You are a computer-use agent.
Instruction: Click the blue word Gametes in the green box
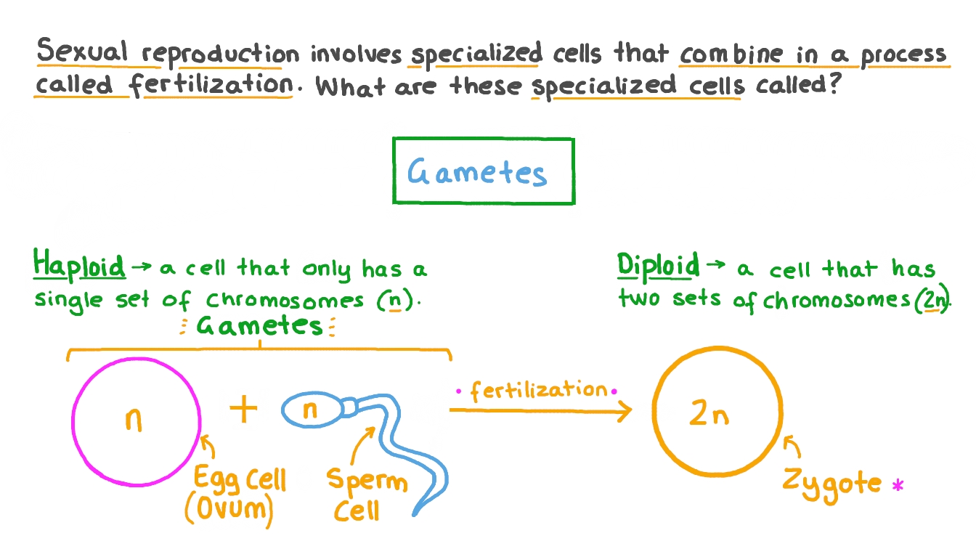coord(476,172)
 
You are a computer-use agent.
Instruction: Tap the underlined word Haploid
coord(79,266)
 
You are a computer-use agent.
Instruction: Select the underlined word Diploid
coord(658,266)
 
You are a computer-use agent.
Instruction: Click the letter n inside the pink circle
coord(133,420)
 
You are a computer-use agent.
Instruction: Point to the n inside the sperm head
coord(310,411)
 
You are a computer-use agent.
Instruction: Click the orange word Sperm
coord(366,481)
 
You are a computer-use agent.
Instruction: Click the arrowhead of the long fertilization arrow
coord(626,412)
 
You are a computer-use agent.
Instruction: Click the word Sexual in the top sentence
coord(83,53)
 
